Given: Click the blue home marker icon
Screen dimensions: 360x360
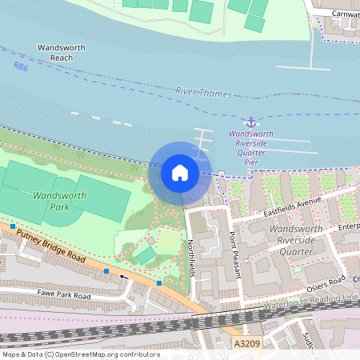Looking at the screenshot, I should point(180,172).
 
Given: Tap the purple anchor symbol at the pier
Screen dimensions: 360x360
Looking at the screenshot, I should point(251,122).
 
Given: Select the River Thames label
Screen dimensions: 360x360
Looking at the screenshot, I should point(202,93).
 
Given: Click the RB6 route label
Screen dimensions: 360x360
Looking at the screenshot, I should point(20,68).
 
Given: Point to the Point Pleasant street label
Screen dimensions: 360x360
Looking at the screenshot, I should point(234,255).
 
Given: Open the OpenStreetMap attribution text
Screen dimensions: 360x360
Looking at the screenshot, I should point(80,354).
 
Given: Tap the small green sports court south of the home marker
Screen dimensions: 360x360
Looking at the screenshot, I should point(145,255).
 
